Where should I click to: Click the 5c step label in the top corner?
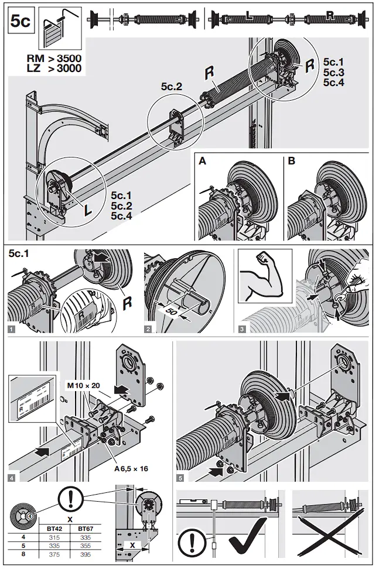[x=20, y=22]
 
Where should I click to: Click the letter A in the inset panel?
[x=202, y=160]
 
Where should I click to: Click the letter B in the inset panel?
[x=292, y=160]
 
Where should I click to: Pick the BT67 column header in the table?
[x=86, y=528]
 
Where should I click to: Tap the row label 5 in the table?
[x=23, y=546]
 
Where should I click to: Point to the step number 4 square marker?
[x=12, y=478]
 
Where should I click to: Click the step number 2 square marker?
[x=148, y=330]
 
